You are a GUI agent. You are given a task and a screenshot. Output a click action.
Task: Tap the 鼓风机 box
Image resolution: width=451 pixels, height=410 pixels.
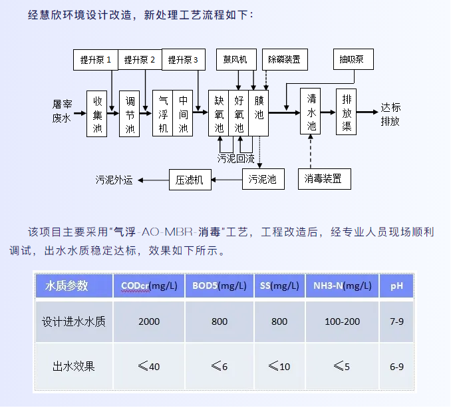(x=235, y=59)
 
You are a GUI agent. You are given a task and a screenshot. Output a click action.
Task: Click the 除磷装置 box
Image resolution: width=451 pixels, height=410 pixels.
(x=284, y=59)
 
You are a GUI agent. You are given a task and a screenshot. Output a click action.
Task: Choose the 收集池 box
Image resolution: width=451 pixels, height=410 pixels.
(x=97, y=114)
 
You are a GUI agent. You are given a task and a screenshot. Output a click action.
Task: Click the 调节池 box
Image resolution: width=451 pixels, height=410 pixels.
(x=130, y=114)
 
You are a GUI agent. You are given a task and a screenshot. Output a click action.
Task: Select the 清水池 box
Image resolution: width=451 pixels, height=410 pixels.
(x=311, y=111)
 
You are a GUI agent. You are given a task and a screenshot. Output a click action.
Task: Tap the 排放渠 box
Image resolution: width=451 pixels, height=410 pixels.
(x=347, y=111)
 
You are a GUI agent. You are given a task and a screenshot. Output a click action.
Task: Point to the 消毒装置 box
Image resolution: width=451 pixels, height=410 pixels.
(x=323, y=178)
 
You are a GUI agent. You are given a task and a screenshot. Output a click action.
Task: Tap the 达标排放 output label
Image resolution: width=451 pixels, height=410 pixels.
(x=390, y=114)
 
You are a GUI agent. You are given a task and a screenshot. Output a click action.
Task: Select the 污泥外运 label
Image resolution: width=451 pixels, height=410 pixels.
(x=115, y=178)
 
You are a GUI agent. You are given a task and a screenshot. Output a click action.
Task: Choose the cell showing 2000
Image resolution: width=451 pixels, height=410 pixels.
(x=149, y=321)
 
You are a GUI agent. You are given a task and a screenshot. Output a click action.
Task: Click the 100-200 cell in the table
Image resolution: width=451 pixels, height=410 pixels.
(x=342, y=321)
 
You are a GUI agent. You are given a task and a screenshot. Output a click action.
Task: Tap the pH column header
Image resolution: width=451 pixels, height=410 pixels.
(x=396, y=286)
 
